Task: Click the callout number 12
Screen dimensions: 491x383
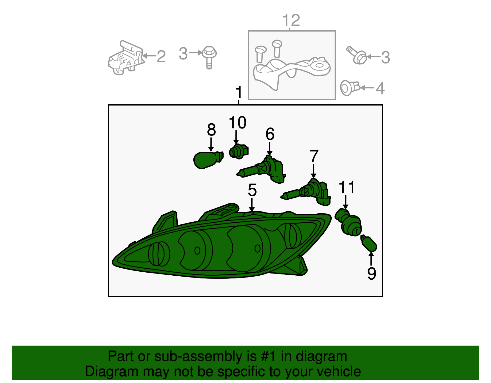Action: [291, 20]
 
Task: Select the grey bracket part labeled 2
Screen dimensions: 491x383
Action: [126, 58]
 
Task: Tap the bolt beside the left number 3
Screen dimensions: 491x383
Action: [209, 57]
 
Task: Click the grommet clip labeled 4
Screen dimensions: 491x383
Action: [350, 88]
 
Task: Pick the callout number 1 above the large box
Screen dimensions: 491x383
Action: [239, 92]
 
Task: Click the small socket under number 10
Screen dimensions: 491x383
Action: [239, 152]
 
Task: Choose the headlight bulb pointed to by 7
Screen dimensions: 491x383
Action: [306, 192]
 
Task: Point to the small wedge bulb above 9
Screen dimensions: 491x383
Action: [369, 243]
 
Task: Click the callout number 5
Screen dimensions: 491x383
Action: [252, 190]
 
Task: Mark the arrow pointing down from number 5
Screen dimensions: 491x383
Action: [252, 205]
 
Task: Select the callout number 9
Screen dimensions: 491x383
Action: [372, 273]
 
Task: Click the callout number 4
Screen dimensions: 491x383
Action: [380, 88]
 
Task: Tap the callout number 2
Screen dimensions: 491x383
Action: [161, 56]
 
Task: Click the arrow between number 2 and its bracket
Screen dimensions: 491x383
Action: [149, 56]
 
